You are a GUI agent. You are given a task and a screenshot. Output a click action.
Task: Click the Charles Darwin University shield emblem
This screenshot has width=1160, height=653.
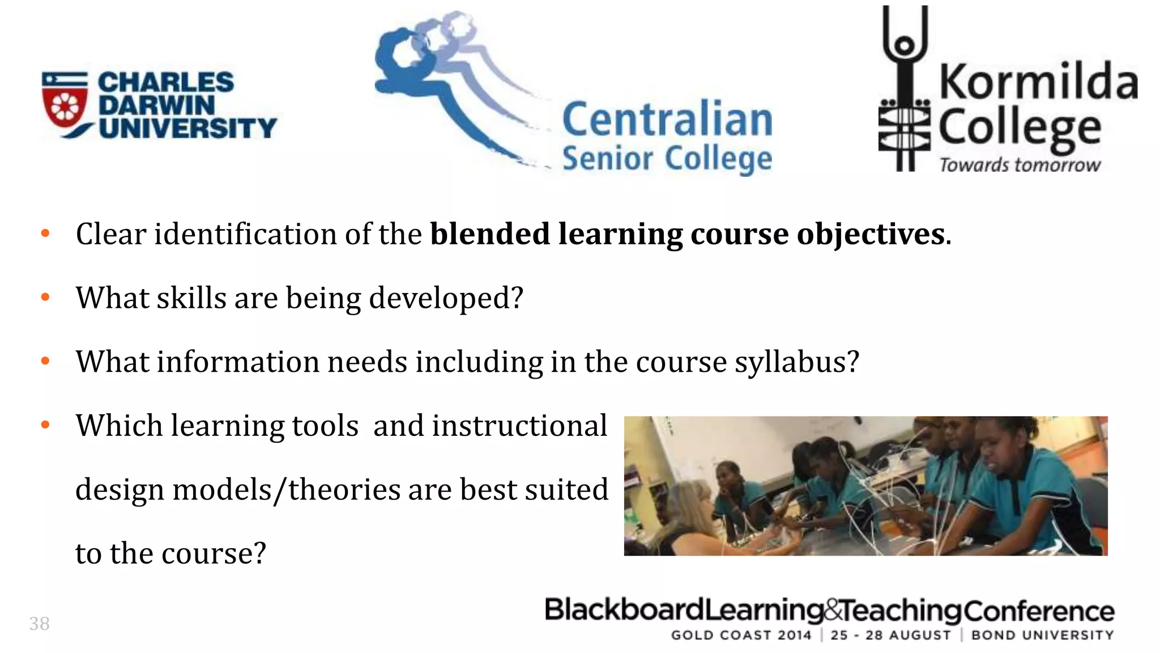click(x=65, y=104)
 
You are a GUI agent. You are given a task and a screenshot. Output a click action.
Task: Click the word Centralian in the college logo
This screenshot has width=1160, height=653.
click(x=667, y=119)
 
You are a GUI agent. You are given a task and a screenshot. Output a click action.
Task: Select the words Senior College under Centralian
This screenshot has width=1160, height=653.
click(x=667, y=158)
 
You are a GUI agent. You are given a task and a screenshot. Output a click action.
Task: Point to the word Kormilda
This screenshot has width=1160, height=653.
click(x=1038, y=82)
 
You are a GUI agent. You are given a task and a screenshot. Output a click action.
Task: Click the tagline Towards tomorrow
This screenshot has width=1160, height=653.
click(x=1020, y=165)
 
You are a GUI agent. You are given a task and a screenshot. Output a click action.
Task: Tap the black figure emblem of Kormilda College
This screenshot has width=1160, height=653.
click(x=905, y=91)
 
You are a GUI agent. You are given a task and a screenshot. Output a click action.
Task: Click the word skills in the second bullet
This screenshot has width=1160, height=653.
click(x=191, y=298)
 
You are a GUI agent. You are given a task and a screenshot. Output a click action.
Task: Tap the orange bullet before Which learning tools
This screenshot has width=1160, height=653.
click(x=46, y=425)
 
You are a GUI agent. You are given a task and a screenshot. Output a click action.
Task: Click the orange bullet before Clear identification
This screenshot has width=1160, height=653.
click(x=46, y=233)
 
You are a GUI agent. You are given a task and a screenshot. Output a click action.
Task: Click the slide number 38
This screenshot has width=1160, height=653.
click(x=40, y=624)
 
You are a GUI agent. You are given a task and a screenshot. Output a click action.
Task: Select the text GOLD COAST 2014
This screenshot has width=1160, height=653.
click(x=741, y=635)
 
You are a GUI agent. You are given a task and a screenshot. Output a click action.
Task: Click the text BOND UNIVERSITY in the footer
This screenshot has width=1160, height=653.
click(x=1042, y=635)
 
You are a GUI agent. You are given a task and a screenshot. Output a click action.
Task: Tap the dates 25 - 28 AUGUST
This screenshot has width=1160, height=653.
click(x=890, y=635)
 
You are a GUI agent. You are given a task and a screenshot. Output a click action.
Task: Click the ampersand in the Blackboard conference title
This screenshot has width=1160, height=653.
click(x=832, y=610)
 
